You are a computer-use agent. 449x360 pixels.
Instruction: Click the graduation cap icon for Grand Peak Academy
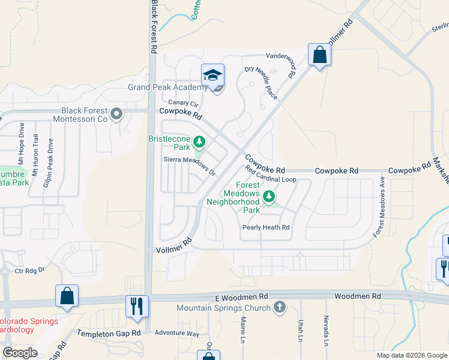(x=212, y=76)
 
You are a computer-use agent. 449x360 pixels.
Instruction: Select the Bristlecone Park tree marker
(x=199, y=143)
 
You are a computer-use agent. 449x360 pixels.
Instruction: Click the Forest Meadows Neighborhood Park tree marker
(x=270, y=195)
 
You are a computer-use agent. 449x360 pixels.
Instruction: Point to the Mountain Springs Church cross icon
(x=279, y=308)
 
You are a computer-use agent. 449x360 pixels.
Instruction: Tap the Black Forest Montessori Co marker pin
(x=116, y=113)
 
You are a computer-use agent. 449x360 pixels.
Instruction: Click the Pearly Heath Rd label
(x=266, y=227)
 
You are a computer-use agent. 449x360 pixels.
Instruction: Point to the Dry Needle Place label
(x=262, y=83)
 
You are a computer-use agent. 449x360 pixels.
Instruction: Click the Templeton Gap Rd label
(x=108, y=332)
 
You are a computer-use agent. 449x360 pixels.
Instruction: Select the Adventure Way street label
(x=176, y=333)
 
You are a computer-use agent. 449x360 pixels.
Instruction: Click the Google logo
(x=20, y=353)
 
